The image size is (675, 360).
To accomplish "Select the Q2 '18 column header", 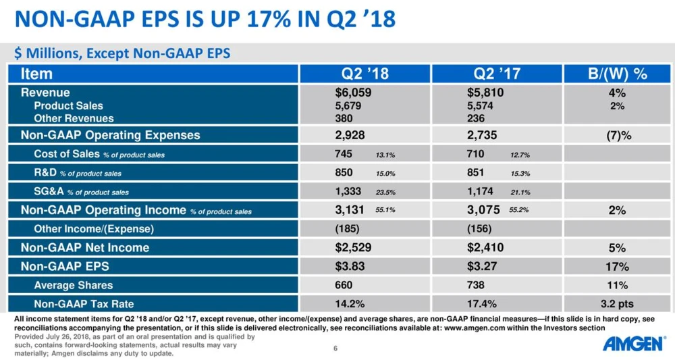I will [x=366, y=74].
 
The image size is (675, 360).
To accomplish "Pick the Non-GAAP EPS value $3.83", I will [x=350, y=266].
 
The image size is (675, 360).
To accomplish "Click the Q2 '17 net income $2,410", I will [x=485, y=247].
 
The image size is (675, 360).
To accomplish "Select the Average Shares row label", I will [x=74, y=285].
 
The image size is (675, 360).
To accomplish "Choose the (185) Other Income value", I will [x=347, y=228].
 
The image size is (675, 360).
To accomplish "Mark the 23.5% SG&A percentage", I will [x=385, y=192].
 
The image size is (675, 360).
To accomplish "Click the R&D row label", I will [x=46, y=173].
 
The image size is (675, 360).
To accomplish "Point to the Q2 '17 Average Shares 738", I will [x=477, y=285].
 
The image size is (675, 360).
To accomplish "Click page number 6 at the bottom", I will [x=335, y=349].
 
